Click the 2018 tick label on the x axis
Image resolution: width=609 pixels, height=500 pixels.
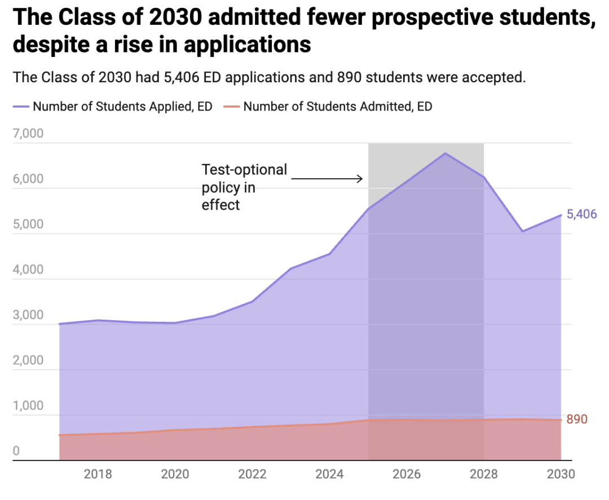98,474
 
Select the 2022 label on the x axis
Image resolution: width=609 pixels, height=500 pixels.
252,474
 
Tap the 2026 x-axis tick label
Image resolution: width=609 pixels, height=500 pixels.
407,474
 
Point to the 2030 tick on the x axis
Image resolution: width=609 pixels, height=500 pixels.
561,474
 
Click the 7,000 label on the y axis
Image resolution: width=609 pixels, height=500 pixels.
28,134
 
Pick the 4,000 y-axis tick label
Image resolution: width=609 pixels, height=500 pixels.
28,269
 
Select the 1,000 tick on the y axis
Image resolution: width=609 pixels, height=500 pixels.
28,406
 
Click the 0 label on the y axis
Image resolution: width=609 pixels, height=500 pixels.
16,451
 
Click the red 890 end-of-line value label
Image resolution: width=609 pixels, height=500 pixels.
577,419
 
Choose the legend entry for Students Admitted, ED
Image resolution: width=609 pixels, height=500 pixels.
338,106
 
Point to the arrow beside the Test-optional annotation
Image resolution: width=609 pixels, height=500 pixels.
327,179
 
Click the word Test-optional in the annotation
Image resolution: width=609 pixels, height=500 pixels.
244,170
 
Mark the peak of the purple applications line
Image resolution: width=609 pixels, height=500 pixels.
445,153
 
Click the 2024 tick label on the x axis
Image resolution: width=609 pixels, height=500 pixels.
329,474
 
